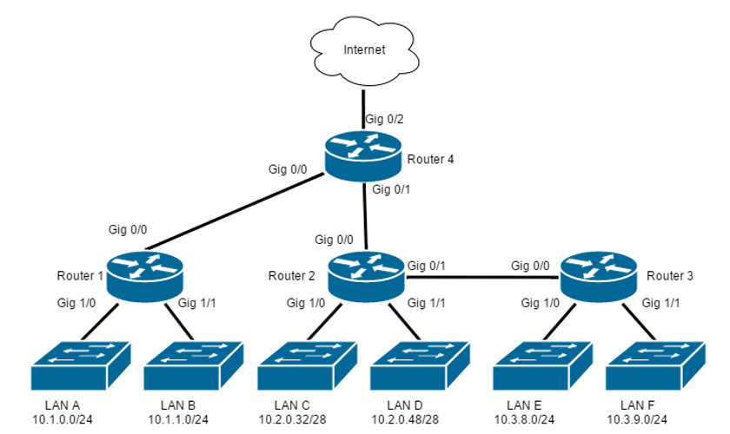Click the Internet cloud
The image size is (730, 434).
(364, 50)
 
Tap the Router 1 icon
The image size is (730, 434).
(145, 276)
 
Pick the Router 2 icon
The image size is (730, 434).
(367, 276)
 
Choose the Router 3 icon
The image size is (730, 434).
(598, 276)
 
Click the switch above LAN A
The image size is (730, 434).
(81, 365)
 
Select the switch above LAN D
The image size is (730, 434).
(420, 365)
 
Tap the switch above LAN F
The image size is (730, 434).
(655, 365)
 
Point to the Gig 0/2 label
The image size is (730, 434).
(384, 120)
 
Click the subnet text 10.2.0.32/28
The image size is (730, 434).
(292, 419)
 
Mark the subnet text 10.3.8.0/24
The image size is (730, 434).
(524, 419)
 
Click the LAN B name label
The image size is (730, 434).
(178, 405)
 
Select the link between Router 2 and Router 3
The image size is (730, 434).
(481, 277)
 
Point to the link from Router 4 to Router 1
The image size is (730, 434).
(237, 211)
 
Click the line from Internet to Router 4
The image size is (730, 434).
(363, 109)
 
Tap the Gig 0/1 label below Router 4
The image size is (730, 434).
(391, 190)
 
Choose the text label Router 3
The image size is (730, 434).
(670, 276)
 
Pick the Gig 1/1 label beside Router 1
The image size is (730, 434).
(197, 303)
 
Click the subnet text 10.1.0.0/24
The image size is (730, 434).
(63, 419)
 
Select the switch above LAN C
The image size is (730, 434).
(308, 365)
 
